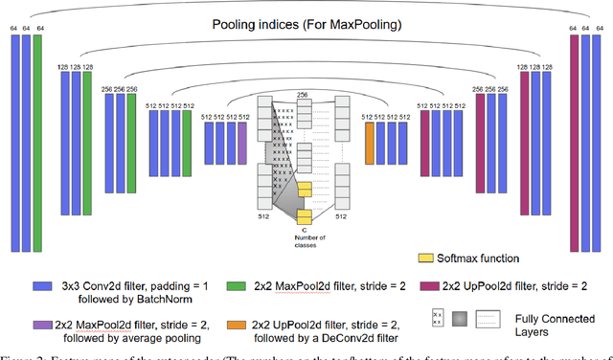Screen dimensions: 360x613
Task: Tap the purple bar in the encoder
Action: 241,142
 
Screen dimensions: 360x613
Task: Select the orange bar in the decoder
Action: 369,142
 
